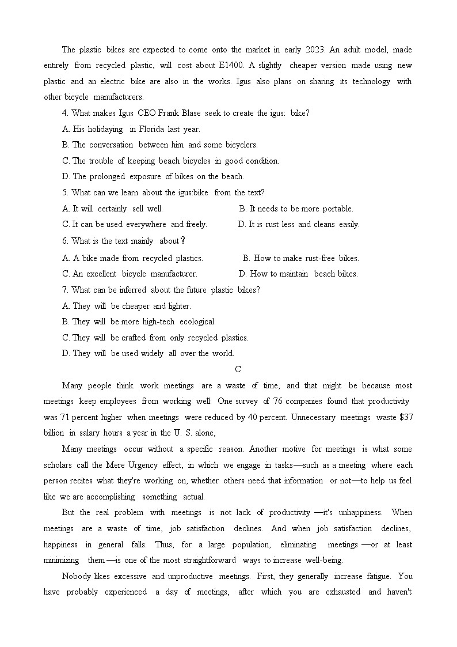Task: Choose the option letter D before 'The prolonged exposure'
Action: coord(66,176)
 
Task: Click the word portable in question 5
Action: coord(338,209)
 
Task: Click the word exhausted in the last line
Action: coord(343,592)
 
